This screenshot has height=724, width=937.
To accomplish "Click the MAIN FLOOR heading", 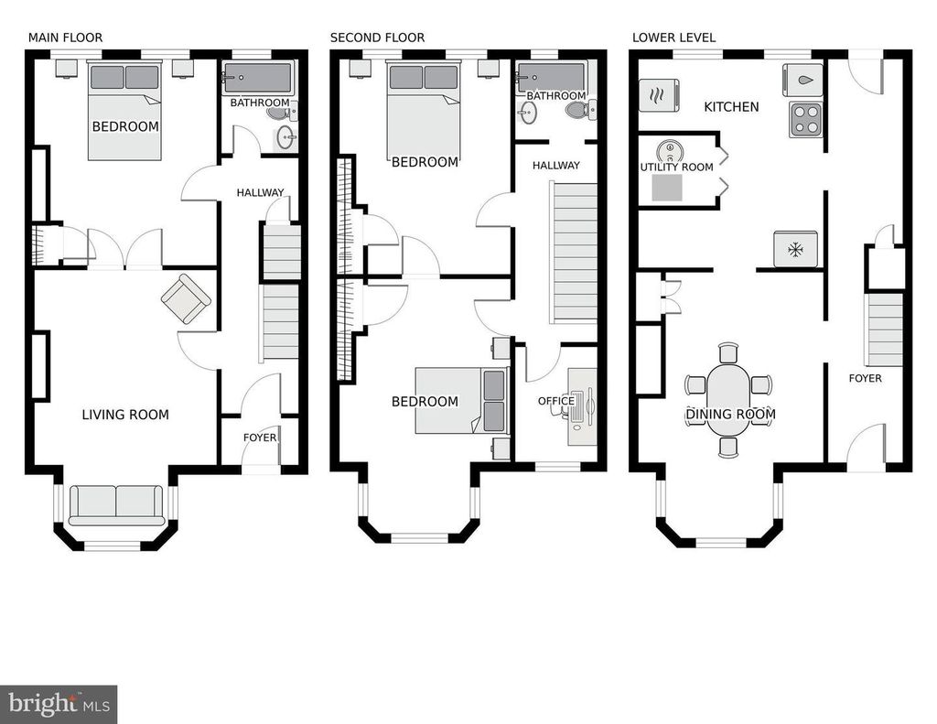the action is pos(65,38).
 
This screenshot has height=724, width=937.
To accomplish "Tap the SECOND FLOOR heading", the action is pos(377,38).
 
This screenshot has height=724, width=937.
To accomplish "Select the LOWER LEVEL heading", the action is pos(673,38).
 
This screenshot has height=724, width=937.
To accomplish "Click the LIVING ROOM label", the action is pos(125,415).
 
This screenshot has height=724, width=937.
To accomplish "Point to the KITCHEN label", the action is pos(731,107).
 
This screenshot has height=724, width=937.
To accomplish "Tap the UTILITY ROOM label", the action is pos(676,167).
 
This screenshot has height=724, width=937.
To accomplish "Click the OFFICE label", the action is pos(556,401).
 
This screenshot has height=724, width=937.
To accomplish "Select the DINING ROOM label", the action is pos(730,414).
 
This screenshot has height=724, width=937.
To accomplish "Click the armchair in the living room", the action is pos(186,299).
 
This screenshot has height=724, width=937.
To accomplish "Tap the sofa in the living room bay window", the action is pos(116,506).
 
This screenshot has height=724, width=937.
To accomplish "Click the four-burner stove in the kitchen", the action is pos(805,120).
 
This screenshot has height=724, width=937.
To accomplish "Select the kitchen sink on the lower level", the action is pos(802,81).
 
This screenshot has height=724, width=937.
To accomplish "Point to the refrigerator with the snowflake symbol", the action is pos(795,249).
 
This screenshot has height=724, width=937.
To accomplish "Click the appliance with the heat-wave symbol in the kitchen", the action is pos(659,95).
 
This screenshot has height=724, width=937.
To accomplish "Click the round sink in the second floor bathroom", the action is pos(527,113).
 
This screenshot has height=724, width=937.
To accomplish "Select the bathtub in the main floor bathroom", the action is pos(257,79).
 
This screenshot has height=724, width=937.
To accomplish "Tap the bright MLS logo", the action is pos(59,704).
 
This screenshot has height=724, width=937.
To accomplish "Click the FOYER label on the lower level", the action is pos(866,378).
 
